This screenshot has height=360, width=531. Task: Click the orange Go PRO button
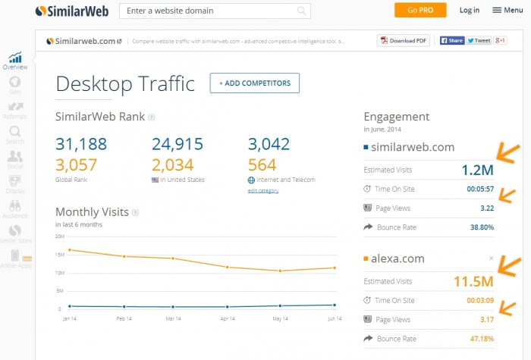(419, 10)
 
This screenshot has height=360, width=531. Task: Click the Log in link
(470, 10)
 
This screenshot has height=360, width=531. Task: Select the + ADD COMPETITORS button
(255, 83)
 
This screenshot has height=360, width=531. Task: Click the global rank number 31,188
(81, 144)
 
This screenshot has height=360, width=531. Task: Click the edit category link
(263, 190)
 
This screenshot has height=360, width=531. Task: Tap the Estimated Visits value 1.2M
(477, 171)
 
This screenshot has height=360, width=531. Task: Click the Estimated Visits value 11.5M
(473, 282)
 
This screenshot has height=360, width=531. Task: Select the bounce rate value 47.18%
(477, 338)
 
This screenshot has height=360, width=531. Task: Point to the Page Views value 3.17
(485, 319)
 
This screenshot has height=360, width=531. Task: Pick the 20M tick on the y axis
(61, 236)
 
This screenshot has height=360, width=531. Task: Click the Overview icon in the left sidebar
(15, 61)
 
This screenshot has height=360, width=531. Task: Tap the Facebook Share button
(451, 41)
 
